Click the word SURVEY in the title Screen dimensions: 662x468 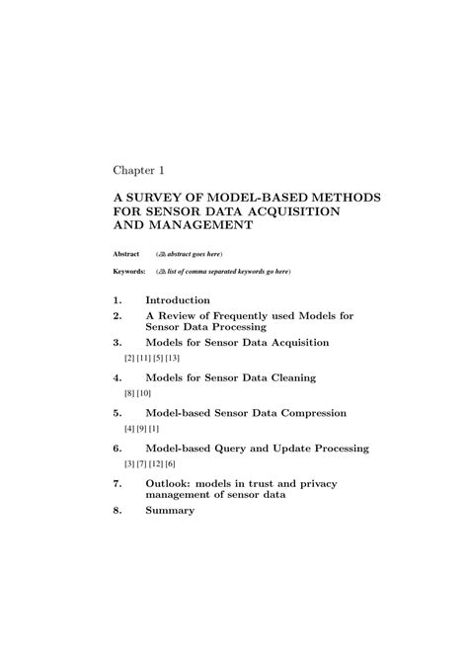tap(160, 199)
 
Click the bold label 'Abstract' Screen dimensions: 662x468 tap(124, 253)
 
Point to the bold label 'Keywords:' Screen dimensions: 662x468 tap(128, 271)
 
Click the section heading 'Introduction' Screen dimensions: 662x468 tap(178, 299)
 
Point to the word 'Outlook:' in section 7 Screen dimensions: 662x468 tap(173, 484)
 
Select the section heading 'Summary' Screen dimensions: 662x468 tap(170, 511)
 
